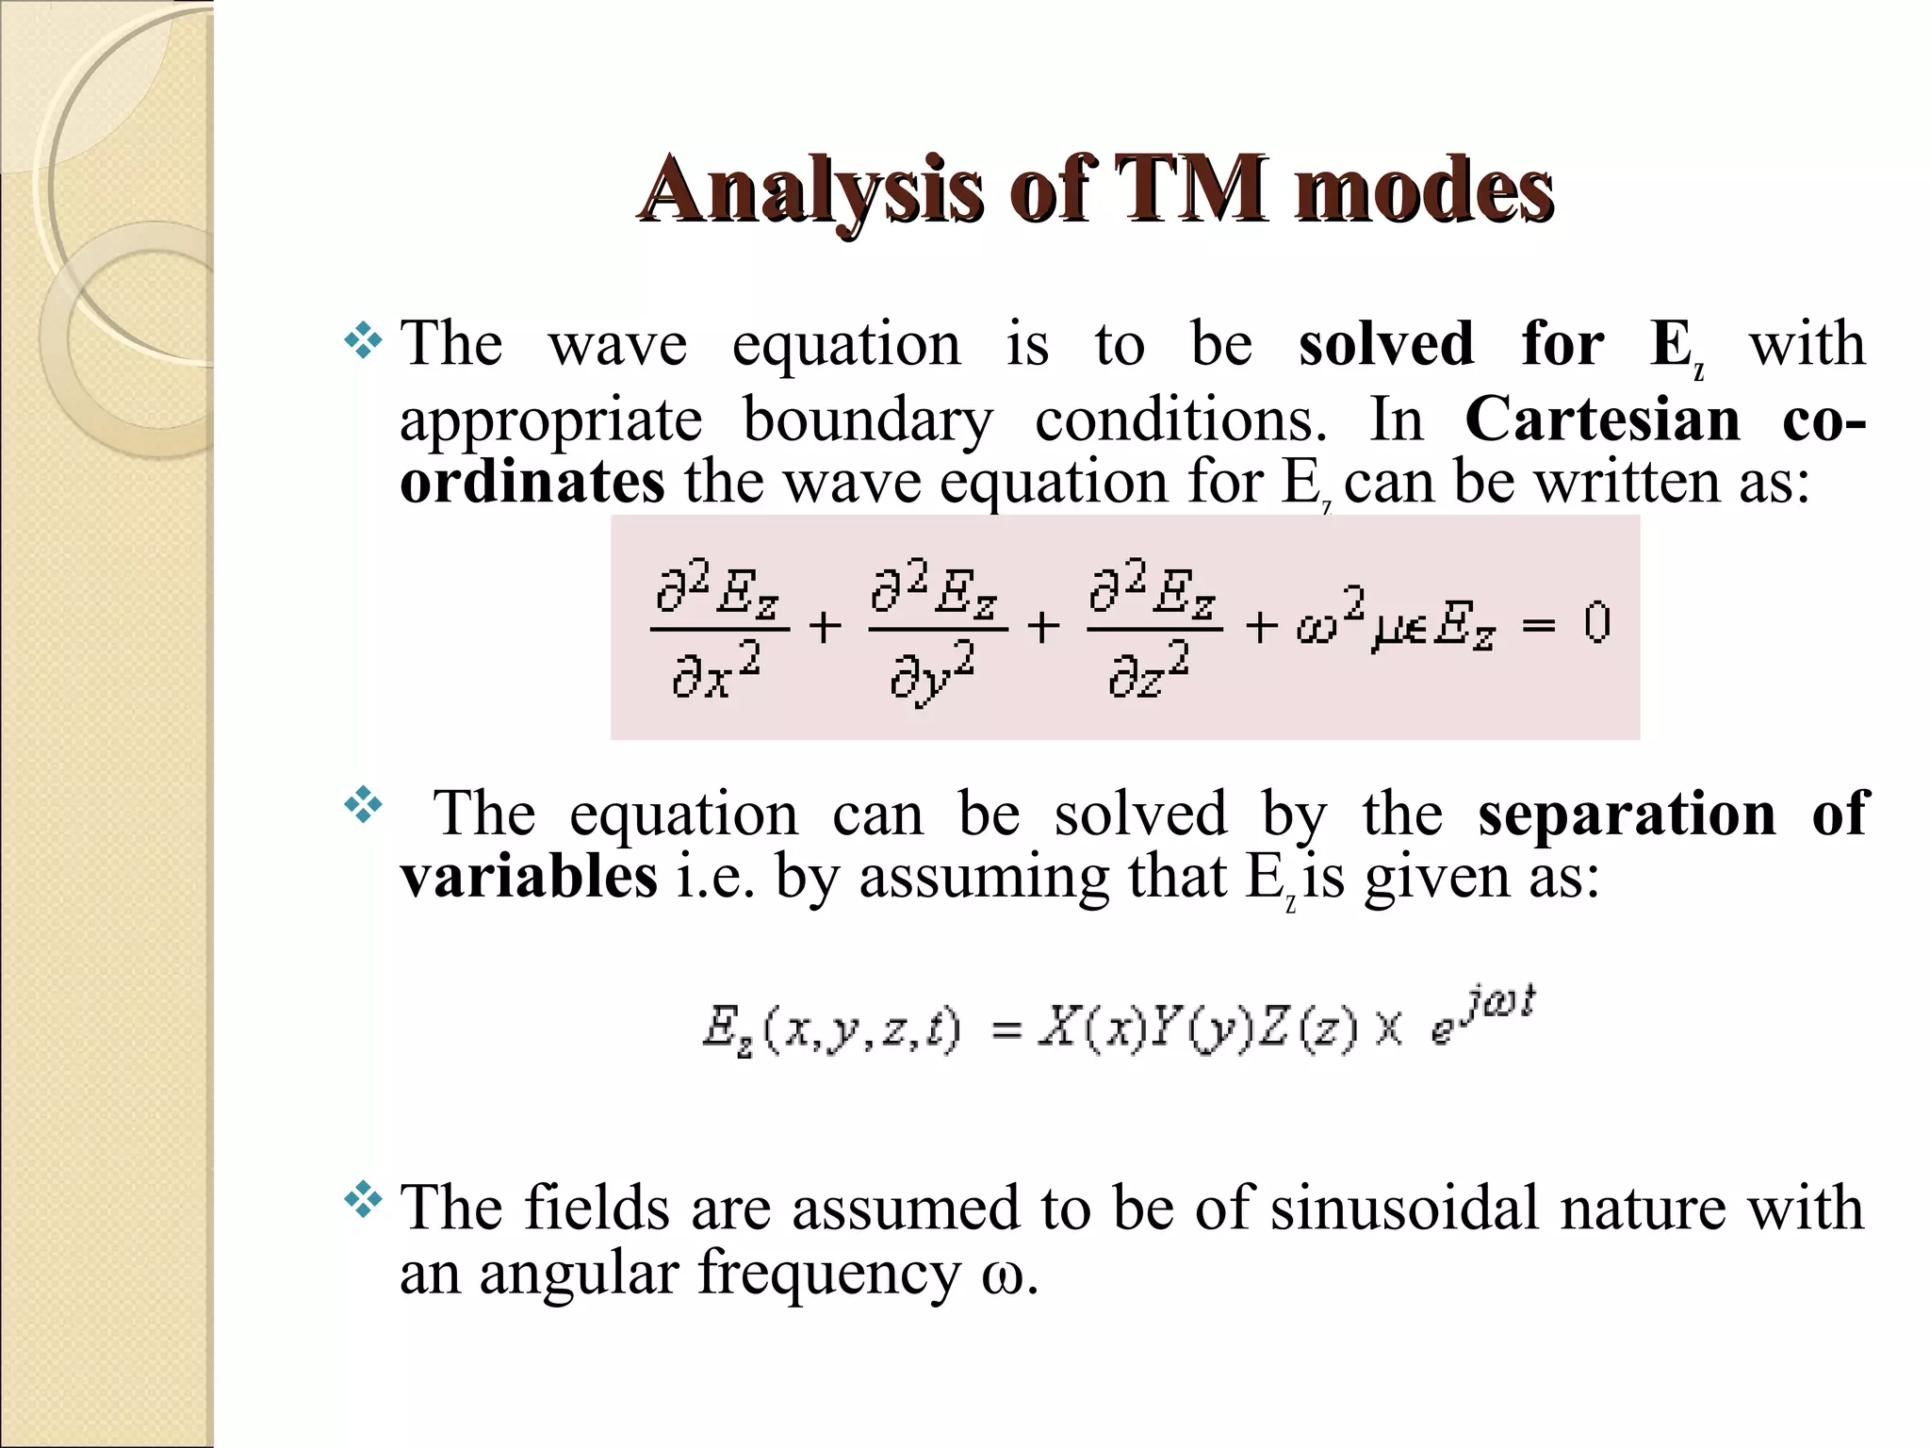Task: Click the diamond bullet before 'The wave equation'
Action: tap(364, 342)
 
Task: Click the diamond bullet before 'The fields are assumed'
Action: tap(364, 1201)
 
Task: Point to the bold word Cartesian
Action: tap(1602, 419)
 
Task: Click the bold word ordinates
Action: tap(532, 482)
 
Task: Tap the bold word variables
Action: tap(529, 877)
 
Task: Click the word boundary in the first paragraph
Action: tap(868, 419)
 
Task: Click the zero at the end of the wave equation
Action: tap(1596, 623)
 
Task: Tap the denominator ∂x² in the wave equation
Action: tap(716, 673)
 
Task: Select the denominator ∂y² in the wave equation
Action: tap(933, 675)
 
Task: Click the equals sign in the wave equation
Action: tap(1538, 625)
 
